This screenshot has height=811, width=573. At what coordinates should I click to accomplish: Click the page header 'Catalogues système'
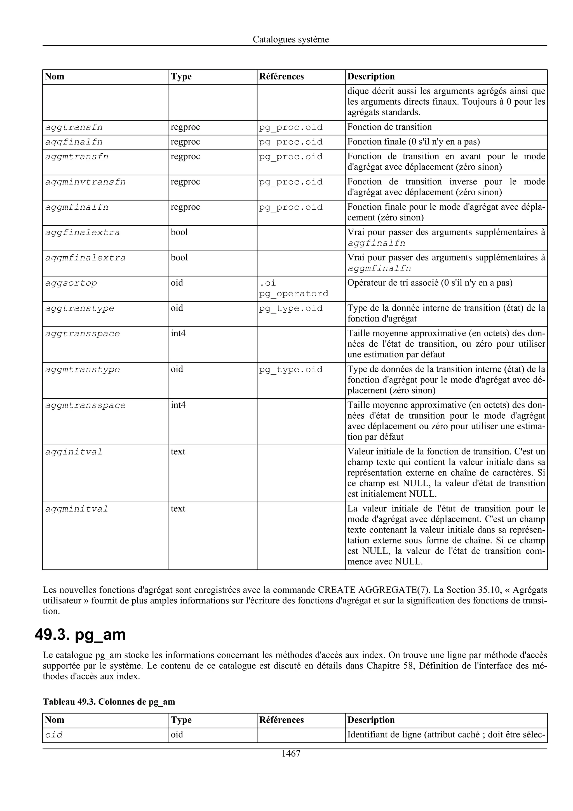coord(291,39)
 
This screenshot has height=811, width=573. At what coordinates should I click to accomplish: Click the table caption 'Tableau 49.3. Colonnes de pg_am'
coord(109,702)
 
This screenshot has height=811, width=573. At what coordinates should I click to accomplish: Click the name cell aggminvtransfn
coord(85,182)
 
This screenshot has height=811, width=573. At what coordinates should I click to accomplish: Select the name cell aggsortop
coord(71,283)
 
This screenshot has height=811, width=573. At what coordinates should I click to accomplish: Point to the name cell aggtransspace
coord(83,334)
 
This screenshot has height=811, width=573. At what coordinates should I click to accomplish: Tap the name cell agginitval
coord(74,452)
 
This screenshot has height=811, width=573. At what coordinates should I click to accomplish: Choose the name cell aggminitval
coord(77,509)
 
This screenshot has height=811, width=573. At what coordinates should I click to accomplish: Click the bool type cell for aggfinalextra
coord(179,233)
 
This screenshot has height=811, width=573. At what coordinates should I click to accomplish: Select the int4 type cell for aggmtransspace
coord(178,405)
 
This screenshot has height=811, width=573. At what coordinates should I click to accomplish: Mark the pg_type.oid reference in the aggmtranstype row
coord(291,369)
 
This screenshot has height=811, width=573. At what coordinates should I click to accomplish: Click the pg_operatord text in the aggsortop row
coord(294,294)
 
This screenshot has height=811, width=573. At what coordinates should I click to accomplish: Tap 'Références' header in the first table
coord(281,77)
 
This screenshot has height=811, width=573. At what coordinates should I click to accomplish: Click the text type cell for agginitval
coord(178,452)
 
